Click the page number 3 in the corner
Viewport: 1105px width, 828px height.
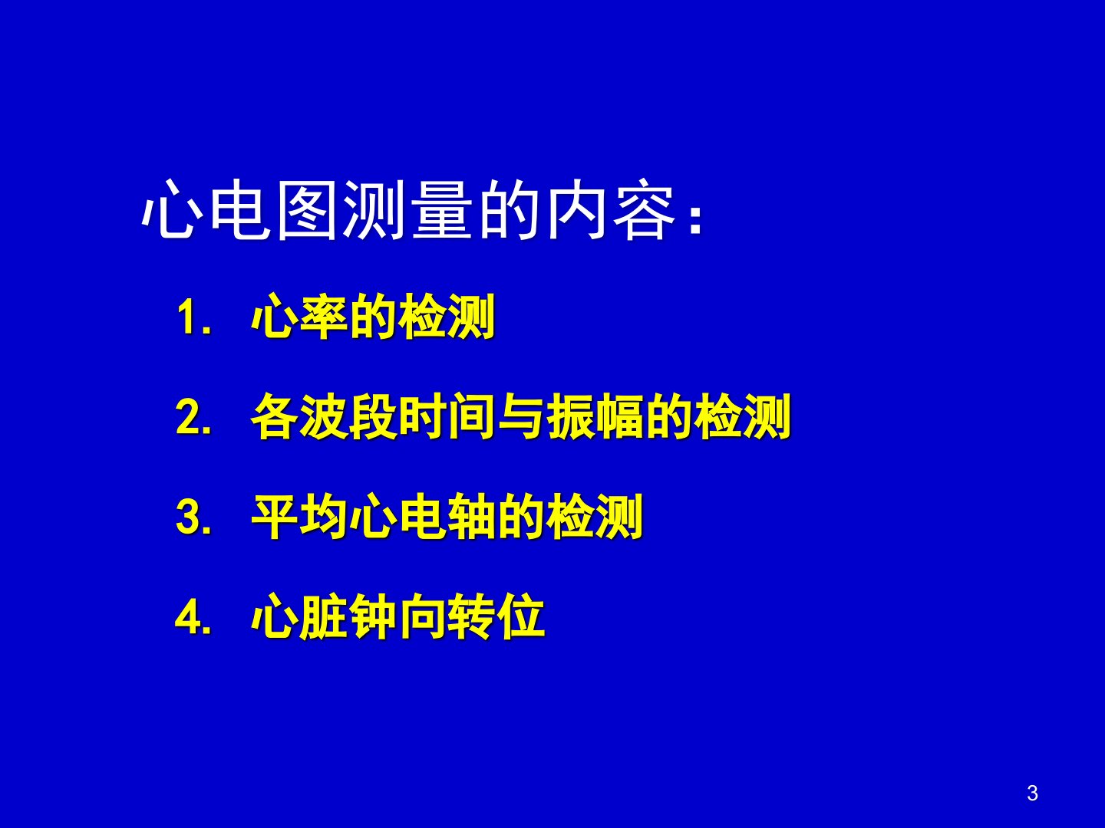click(x=1032, y=793)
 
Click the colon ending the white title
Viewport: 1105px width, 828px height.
click(x=696, y=222)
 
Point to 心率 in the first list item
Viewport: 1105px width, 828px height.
click(x=299, y=317)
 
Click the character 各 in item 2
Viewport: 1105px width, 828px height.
click(x=275, y=416)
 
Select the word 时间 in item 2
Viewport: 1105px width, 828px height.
click(x=447, y=416)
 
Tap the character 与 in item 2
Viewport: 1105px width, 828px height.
click(x=521, y=416)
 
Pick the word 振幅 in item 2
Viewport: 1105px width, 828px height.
click(x=595, y=416)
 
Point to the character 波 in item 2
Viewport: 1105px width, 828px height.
click(x=324, y=416)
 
